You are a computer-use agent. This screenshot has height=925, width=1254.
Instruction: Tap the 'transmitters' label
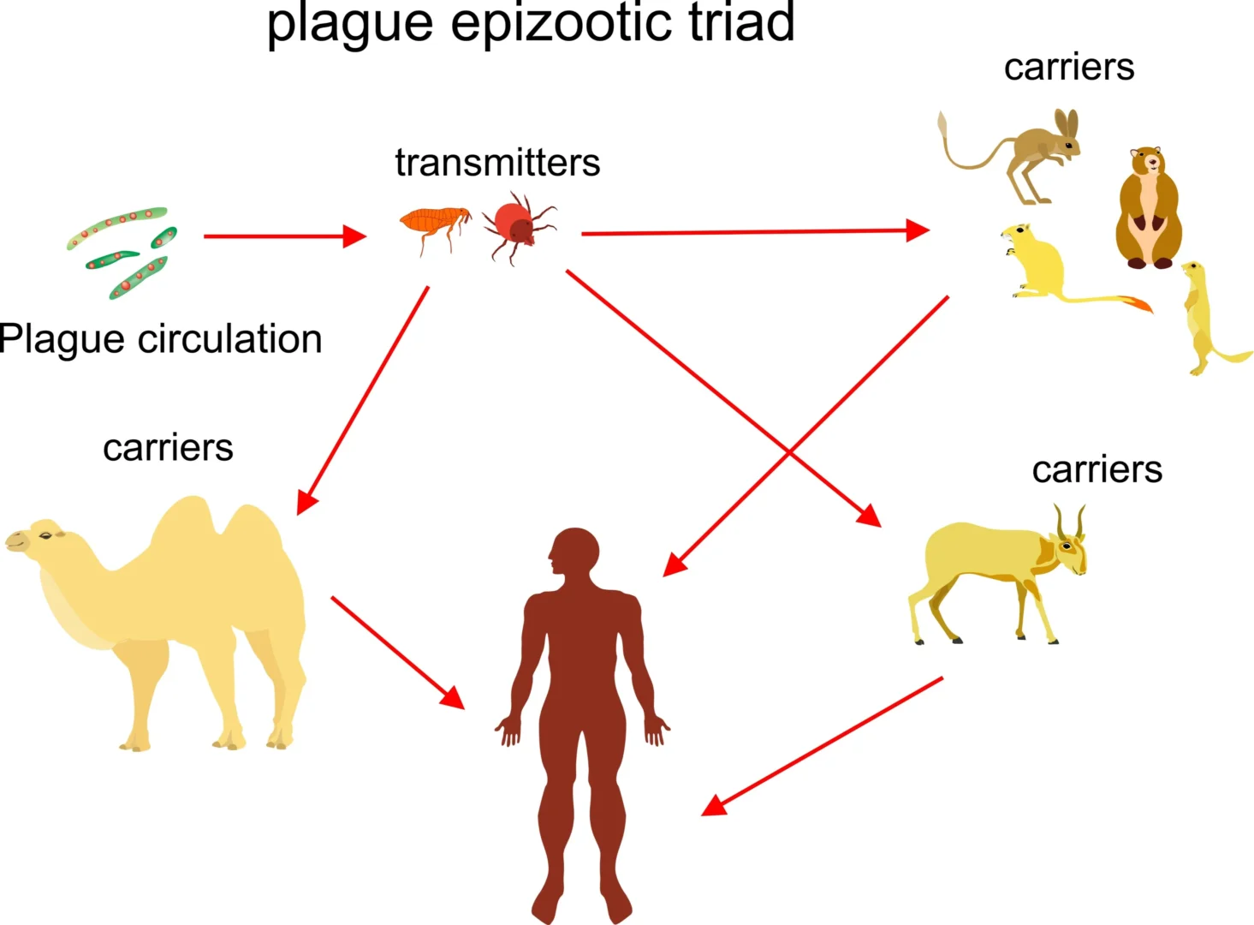point(497,163)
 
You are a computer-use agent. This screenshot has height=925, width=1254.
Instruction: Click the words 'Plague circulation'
point(161,339)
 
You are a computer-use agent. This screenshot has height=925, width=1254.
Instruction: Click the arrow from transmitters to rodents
point(753,231)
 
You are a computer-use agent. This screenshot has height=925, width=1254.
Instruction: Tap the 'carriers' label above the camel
point(168,448)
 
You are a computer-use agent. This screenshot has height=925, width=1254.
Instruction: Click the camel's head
point(39,539)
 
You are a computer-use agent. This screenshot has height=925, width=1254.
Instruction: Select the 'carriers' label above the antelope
point(1097,469)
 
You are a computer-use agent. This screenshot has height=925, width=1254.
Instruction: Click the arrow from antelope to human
point(822,746)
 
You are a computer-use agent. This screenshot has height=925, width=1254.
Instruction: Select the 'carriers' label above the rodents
point(1068,67)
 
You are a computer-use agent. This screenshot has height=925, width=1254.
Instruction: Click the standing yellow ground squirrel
point(1203,317)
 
